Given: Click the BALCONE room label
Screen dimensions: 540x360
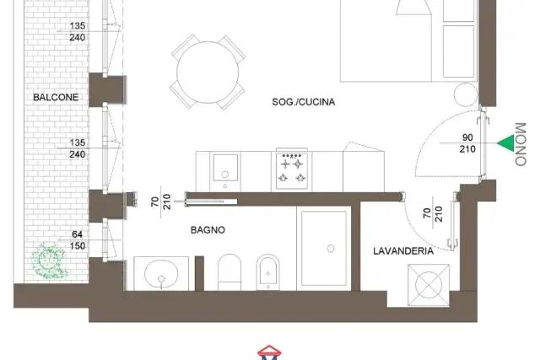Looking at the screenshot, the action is [x=56, y=98].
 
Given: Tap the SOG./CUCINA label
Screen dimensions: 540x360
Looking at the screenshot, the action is [x=304, y=102].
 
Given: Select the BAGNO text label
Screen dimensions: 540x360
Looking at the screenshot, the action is [x=208, y=230].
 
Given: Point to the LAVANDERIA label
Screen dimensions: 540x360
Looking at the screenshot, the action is [x=403, y=251].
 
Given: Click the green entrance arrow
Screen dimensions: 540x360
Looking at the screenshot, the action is [x=506, y=142].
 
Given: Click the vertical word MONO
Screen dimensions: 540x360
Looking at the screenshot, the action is [x=521, y=144].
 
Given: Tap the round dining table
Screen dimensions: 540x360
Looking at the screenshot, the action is [x=208, y=72].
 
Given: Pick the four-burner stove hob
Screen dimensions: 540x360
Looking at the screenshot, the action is [x=292, y=170].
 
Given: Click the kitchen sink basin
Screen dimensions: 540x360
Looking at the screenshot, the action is [x=225, y=168].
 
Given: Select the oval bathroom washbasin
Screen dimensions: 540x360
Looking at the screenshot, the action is [x=161, y=274].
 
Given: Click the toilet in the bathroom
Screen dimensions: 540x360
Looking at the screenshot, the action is [x=229, y=272].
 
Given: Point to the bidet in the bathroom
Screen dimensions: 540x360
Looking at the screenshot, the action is [x=268, y=272].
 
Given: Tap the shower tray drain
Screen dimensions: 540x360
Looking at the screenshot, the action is [x=331, y=249].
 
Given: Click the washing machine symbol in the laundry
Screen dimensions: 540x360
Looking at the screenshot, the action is [x=429, y=285].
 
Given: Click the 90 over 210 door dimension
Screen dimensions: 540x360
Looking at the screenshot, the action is [x=467, y=143].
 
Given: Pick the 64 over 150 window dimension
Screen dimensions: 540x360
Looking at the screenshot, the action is [x=77, y=240].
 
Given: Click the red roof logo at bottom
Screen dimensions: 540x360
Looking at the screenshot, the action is [x=269, y=351].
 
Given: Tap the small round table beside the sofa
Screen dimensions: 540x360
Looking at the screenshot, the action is [x=466, y=94].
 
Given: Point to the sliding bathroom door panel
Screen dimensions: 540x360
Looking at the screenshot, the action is [x=212, y=201].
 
